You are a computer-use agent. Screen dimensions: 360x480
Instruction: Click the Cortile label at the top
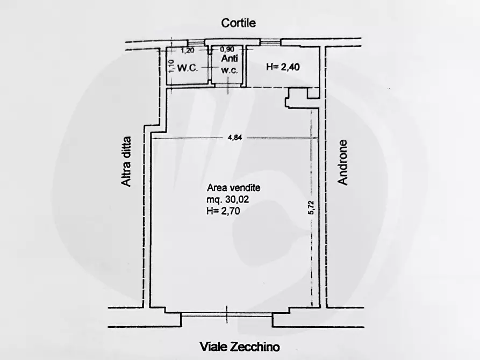pos(239,23)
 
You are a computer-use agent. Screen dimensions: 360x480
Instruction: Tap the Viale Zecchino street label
pos(240,347)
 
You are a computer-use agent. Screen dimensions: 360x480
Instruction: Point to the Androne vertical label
pos(343,163)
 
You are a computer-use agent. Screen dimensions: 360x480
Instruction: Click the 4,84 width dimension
pos(234,138)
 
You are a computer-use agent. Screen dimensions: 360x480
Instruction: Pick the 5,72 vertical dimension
pos(311,206)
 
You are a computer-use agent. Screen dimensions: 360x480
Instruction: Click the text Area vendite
pos(234,188)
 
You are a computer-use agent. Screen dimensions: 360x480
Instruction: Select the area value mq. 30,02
pos(228,200)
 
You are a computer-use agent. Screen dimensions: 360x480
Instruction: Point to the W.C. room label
pos(188,69)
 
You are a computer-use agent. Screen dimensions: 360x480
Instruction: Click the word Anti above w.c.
pos(230,60)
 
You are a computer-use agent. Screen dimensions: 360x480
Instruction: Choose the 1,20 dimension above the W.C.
pos(187,51)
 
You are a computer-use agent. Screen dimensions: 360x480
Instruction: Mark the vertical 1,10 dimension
pos(170,66)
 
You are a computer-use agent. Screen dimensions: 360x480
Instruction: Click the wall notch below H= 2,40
pos(295,97)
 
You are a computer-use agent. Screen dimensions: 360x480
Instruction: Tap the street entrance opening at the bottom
pos(226,317)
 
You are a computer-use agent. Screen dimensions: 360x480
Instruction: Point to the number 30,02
pos(237,200)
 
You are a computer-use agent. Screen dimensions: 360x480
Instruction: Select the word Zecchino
pos(255,347)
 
